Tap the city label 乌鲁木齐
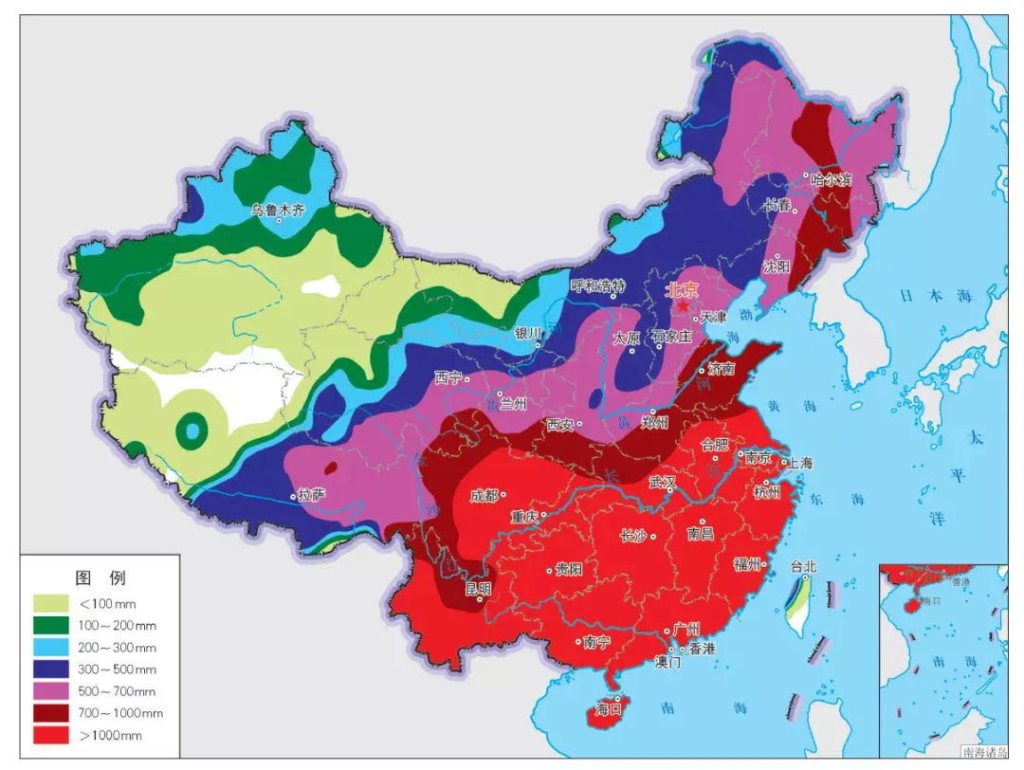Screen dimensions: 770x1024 pos(278,210)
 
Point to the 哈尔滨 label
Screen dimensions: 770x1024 pos(832,178)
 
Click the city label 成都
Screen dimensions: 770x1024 pos(483,495)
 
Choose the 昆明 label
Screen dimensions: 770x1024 pos(478,588)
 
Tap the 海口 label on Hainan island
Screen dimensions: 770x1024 pos(607,708)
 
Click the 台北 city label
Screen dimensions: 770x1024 pos(803,567)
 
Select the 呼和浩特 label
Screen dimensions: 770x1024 pos(598,285)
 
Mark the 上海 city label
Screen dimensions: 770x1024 pos(798,464)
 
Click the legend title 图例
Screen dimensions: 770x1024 pos(100,577)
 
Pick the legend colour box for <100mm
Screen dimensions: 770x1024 pos(53,603)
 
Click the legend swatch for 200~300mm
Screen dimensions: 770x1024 pos(53,648)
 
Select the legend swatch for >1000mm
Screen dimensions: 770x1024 pos(53,735)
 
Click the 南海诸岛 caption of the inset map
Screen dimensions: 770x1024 pos(985,752)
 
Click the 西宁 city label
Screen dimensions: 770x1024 pos(448,377)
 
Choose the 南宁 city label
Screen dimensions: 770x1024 pos(596,642)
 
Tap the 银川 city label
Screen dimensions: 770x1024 pos(527,333)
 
